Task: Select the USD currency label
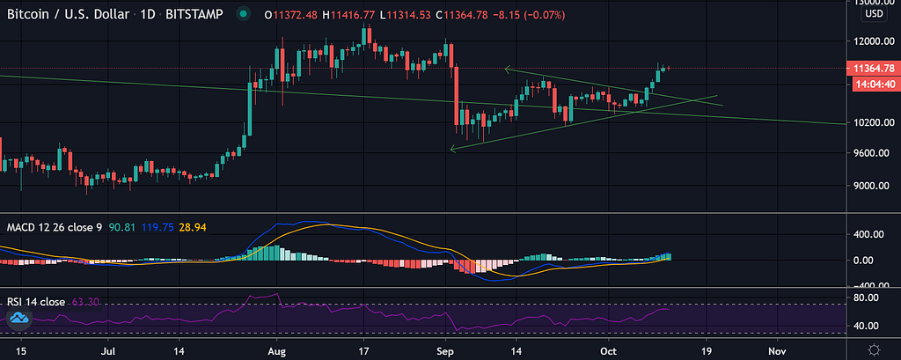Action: (874, 15)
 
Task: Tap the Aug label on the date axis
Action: (276, 350)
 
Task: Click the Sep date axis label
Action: (446, 350)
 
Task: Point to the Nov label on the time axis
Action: (775, 350)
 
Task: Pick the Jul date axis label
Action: (108, 350)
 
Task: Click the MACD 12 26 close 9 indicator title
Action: (55, 227)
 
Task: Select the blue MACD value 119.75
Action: (159, 227)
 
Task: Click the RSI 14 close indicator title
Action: (36, 302)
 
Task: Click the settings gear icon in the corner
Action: (873, 350)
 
